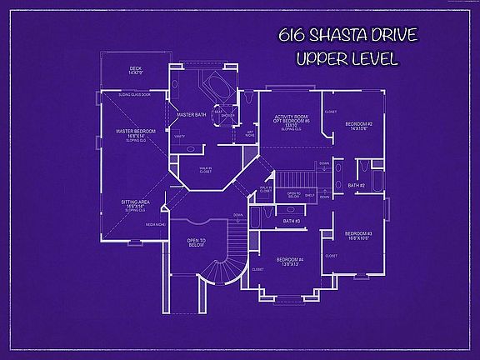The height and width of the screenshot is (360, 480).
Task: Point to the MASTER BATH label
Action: point(191,114)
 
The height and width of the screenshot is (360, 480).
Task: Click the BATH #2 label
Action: point(356,185)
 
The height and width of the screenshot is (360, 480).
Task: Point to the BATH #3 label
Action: point(292,221)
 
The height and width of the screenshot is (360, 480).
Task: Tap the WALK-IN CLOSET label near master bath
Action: point(205,170)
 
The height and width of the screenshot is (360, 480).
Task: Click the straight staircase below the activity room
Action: point(295,178)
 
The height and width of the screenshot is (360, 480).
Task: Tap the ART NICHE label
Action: point(250,132)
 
